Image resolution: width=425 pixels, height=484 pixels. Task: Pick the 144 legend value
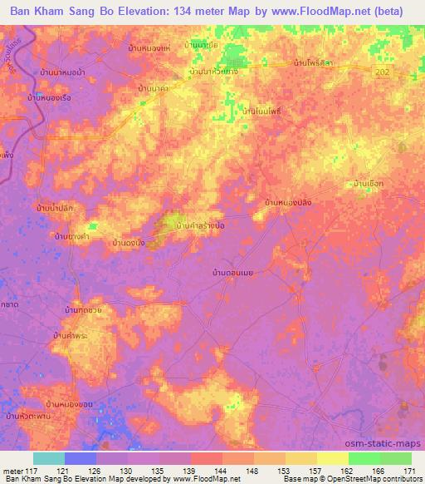click(x=221, y=471)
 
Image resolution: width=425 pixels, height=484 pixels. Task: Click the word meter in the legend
click(x=12, y=471)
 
